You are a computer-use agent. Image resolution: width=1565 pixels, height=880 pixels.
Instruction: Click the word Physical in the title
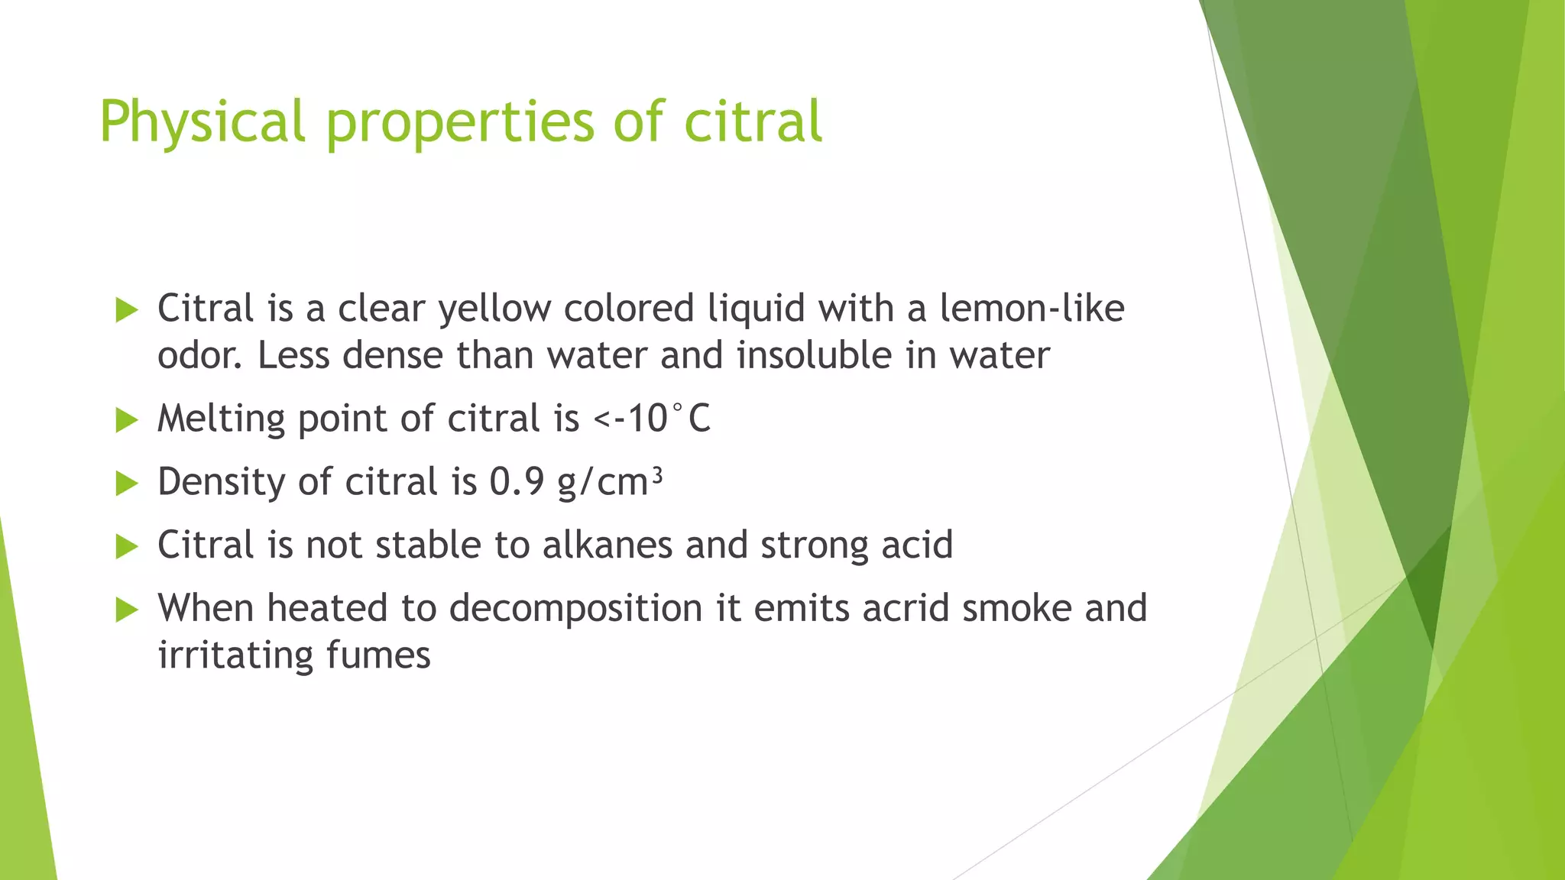[203, 121]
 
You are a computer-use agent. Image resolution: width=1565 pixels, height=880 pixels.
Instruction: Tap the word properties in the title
[459, 121]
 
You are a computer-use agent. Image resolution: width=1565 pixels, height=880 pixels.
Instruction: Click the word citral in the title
[752, 121]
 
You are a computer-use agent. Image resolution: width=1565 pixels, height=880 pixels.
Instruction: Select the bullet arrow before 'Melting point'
[126, 419]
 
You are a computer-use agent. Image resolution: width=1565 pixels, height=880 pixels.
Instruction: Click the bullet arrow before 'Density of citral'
[126, 483]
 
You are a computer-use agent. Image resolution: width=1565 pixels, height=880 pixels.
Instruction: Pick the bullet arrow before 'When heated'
[126, 610]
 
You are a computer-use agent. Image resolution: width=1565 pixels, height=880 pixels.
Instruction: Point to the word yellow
[494, 309]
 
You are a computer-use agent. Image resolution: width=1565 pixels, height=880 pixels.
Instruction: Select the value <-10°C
[652, 419]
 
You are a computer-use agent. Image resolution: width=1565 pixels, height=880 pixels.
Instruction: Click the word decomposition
[575, 609]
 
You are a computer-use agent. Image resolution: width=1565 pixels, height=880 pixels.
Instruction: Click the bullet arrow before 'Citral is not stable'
[126, 546]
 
